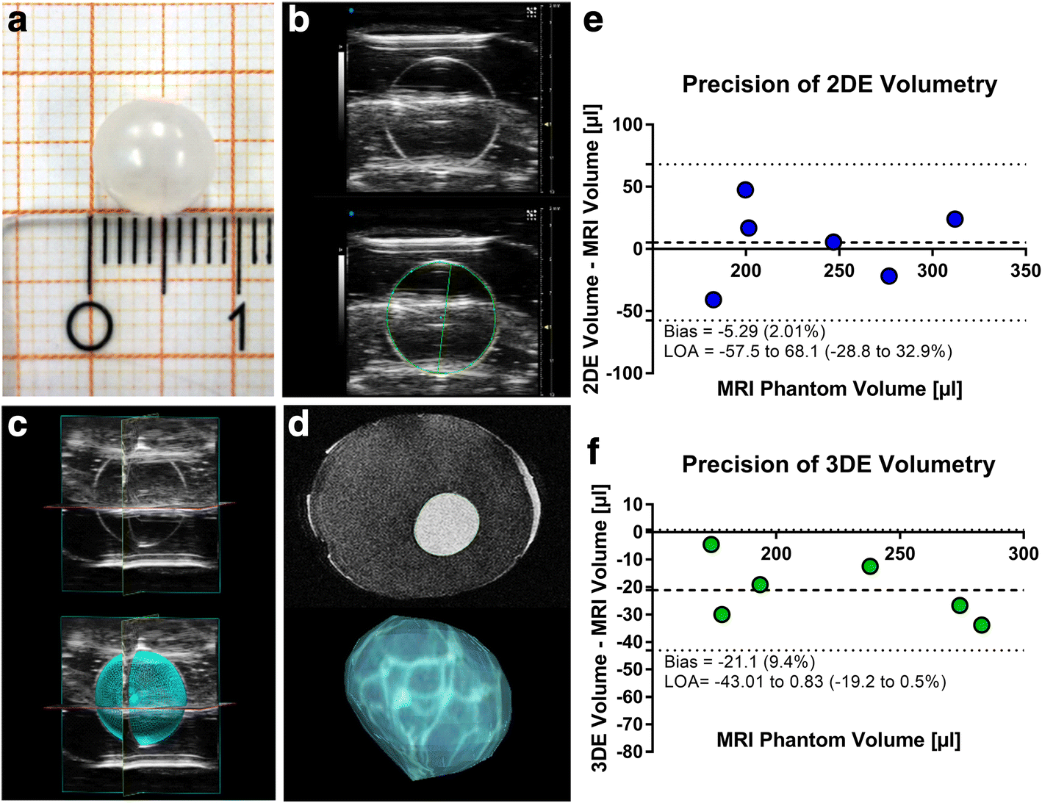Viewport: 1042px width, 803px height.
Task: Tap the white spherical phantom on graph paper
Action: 154,157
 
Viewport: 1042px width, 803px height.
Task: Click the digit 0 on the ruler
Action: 90,326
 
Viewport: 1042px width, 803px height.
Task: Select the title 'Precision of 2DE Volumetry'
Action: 839,84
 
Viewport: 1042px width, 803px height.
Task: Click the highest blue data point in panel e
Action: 745,190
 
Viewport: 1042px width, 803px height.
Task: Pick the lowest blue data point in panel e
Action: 713,300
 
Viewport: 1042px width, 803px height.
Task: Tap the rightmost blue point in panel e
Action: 955,219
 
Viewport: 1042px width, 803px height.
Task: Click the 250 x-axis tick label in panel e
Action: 838,271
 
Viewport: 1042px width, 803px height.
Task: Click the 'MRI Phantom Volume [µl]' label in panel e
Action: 839,389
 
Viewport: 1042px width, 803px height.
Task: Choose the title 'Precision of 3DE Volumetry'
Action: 838,464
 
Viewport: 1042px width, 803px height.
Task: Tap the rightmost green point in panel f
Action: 981,625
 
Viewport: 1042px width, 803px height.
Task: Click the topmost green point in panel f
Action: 711,544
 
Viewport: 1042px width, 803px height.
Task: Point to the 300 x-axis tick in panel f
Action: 1023,554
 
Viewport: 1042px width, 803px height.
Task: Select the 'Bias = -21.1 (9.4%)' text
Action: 739,663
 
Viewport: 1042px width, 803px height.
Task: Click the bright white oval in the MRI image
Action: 447,524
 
